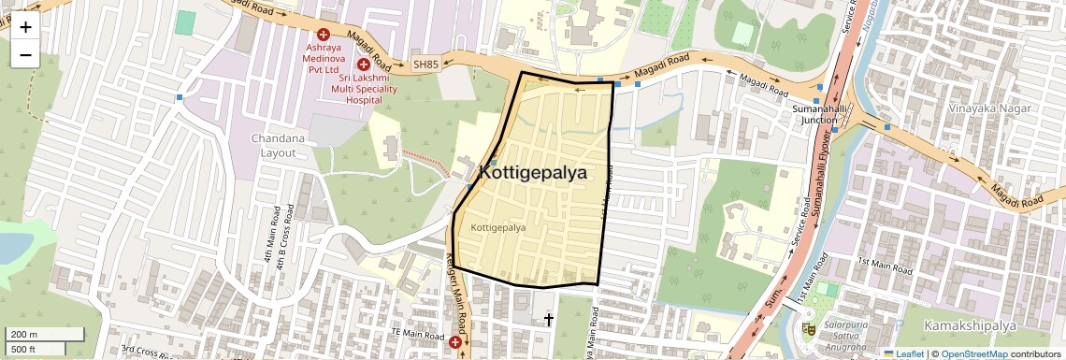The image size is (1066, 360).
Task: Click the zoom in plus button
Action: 25,27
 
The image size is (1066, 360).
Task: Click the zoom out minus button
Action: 25,54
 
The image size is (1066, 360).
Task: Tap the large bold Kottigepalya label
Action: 533,173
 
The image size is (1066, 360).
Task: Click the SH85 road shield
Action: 425,65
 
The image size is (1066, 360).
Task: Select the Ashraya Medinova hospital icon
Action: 324,33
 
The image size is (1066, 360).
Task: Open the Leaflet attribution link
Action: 903,354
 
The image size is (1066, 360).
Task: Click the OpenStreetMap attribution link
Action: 973,354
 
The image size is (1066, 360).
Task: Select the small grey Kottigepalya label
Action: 498,227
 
